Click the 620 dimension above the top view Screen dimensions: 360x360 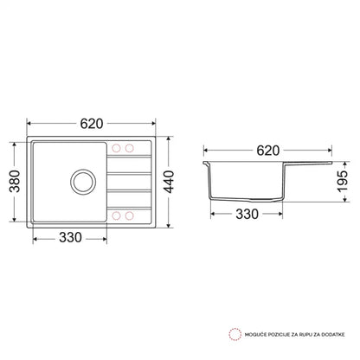pos(92,124)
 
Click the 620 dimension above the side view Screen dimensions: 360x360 pos(268,151)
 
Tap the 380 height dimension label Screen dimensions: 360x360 pos(15,182)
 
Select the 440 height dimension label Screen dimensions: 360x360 pos(169,182)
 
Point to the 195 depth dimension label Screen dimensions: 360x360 pos(343,182)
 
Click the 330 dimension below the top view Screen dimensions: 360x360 pos(70,238)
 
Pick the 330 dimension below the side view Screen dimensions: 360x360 pos(247,214)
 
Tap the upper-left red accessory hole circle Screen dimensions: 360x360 pos(116,148)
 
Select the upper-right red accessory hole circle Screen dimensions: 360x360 pos(129,148)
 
